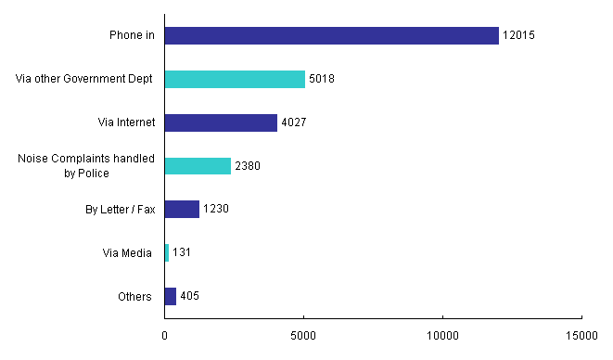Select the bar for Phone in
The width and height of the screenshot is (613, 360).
(332, 35)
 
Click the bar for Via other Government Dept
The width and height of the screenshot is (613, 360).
(235, 79)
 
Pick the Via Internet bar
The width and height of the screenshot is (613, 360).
(221, 122)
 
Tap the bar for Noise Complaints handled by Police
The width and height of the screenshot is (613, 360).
(198, 166)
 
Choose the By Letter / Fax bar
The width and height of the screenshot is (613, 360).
(182, 209)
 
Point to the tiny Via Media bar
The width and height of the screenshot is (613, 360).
(167, 252)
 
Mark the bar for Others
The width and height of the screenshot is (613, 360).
(171, 296)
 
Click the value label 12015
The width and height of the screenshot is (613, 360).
(518, 35)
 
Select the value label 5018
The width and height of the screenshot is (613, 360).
(321, 79)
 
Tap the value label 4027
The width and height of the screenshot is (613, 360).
(294, 122)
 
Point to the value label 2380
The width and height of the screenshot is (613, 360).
(248, 166)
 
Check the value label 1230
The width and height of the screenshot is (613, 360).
(216, 209)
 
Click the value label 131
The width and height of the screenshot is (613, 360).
(182, 252)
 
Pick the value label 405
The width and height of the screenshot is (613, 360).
(190, 296)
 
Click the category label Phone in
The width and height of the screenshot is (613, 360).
(130, 35)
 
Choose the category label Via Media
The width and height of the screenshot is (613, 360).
(127, 252)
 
